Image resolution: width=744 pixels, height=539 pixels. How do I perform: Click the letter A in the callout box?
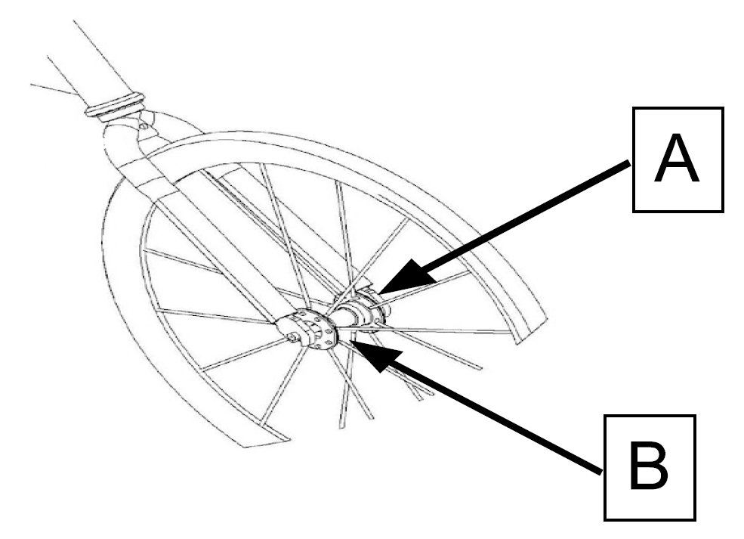[x=677, y=158]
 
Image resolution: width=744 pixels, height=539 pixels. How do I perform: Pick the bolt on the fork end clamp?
[x=292, y=336]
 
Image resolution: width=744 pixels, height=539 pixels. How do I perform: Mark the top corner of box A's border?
[x=634, y=108]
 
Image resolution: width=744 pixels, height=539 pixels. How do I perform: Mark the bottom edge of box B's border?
[x=650, y=519]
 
